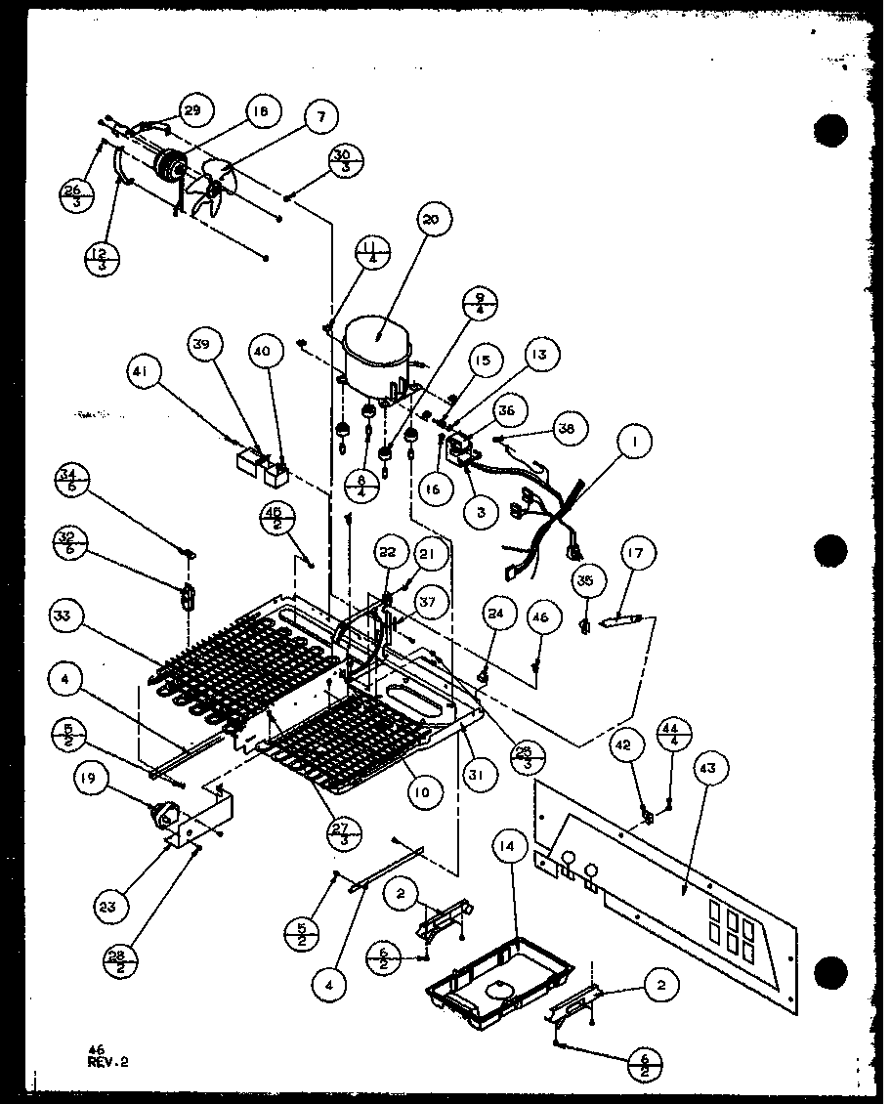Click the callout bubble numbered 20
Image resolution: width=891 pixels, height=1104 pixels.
432,220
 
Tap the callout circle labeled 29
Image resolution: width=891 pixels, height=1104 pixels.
191,111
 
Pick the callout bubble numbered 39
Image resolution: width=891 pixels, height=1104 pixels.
206,345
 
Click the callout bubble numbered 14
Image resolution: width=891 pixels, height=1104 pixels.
504,848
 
